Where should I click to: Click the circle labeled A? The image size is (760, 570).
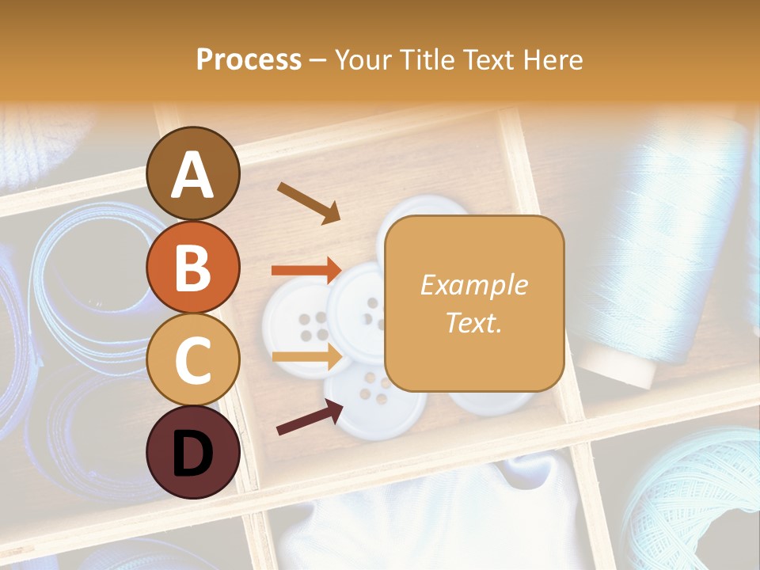[192, 173]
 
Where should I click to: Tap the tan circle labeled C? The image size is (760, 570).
[192, 359]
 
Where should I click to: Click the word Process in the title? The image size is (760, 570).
[249, 59]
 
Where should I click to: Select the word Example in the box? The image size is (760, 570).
[473, 285]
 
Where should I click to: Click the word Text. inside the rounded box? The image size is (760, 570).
[473, 322]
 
